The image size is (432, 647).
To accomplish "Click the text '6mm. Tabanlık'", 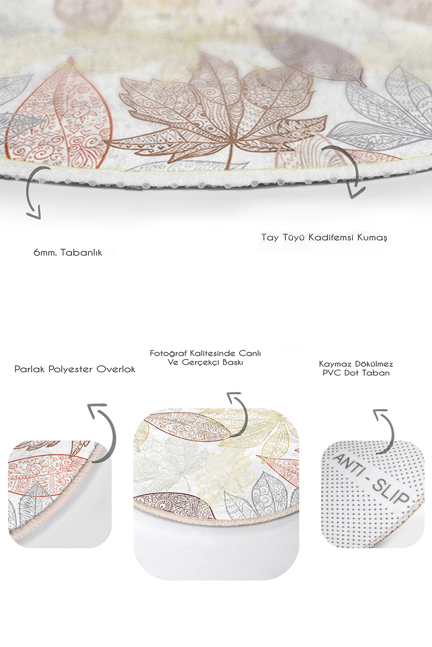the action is tap(68, 253).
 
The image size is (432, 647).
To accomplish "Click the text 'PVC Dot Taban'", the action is tap(356, 373).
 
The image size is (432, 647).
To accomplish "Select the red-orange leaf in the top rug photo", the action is tap(59, 115).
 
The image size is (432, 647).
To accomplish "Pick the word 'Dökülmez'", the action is tap(374, 364).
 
